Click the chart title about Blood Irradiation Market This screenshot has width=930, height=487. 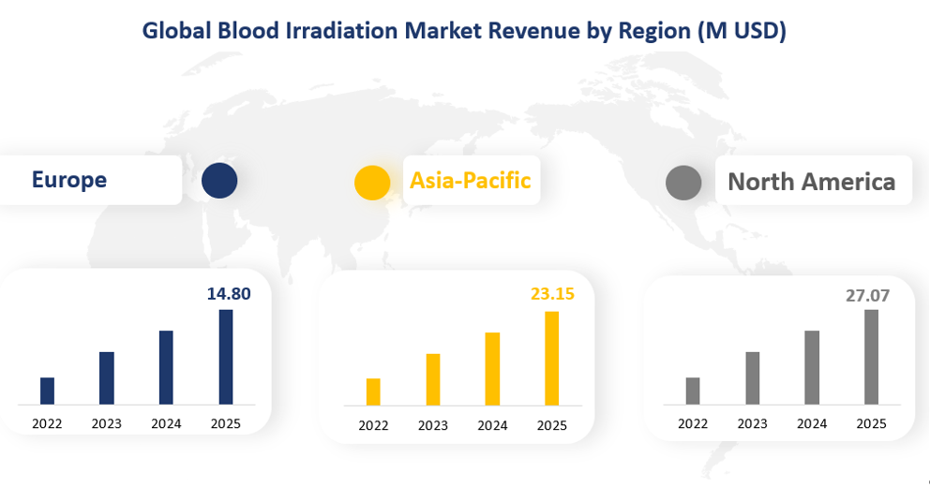464,30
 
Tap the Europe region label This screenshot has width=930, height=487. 69,180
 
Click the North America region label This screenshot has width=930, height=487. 811,182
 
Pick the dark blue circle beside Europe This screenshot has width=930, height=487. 219,180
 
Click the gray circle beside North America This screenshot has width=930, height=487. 683,183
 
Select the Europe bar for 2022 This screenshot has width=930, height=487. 47,391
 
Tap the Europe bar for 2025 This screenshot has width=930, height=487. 226,357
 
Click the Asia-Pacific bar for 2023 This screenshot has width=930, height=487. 433,379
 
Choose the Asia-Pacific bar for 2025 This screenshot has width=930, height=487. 552,359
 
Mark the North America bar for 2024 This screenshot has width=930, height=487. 812,367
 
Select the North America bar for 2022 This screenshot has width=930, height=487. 693,391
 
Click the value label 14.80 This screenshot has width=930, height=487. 229,294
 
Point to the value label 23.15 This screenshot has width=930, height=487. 552,295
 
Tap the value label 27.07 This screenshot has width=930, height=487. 867,296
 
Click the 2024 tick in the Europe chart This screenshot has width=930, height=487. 166,424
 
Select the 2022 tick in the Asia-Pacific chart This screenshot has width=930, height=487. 373,426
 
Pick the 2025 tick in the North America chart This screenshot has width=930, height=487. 871,424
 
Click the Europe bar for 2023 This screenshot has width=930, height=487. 107,378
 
